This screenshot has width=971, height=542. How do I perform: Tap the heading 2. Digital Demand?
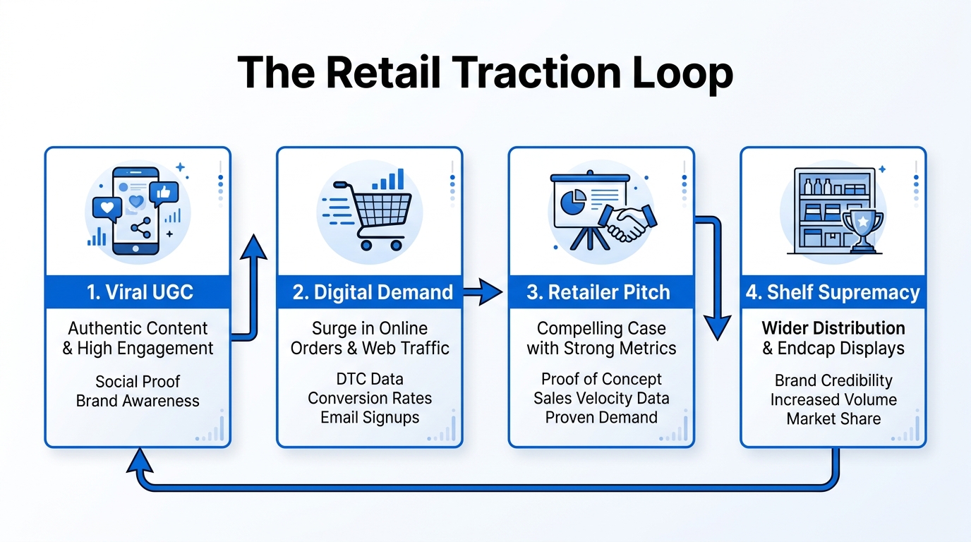click(373, 292)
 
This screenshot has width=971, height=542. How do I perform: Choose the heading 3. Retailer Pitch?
click(598, 292)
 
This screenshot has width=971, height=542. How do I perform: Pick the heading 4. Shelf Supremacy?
click(833, 292)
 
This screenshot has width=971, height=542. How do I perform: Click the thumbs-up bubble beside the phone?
click(164, 192)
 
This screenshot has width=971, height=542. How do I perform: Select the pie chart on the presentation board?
click(572, 204)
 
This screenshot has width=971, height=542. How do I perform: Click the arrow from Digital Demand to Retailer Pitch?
click(483, 291)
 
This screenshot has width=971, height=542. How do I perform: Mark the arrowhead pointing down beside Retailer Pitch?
click(718, 327)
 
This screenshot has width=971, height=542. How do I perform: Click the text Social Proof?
click(138, 382)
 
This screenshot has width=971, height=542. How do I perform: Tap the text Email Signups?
click(370, 417)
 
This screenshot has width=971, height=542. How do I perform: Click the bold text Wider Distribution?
click(833, 328)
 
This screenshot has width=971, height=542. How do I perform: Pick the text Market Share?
click(833, 418)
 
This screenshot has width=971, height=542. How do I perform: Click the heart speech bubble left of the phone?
click(107, 209)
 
